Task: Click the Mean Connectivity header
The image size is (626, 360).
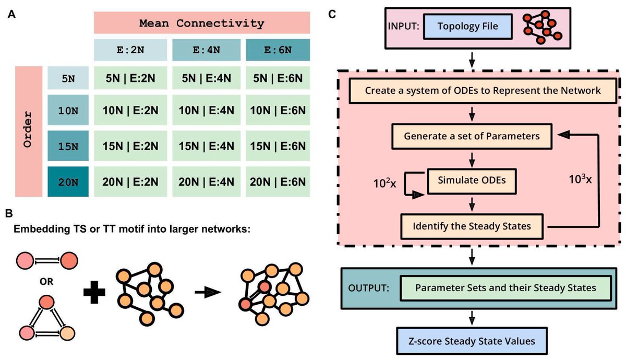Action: [x=202, y=23]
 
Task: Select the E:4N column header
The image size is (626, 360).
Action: [x=206, y=51]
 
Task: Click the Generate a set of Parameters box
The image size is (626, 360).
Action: [x=471, y=136]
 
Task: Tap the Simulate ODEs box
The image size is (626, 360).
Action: [x=472, y=181]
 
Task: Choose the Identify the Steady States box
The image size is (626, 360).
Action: [x=471, y=227]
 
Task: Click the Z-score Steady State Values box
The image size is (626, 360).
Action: [x=472, y=342]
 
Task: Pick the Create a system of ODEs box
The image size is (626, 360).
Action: [x=483, y=91]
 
